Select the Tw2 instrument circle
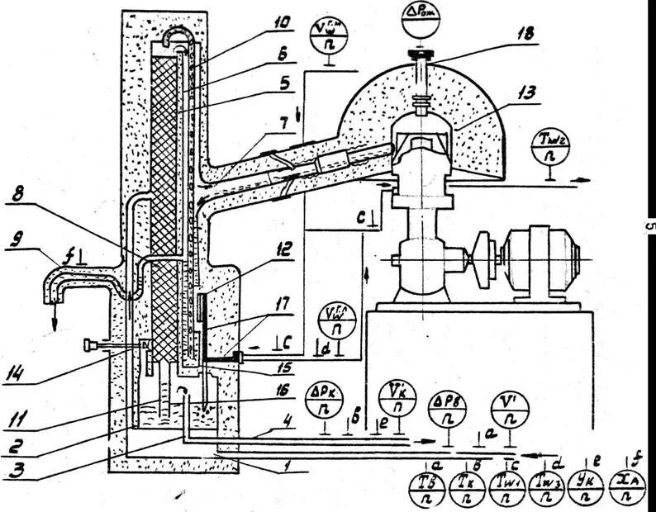[549, 148]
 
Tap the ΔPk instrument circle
[325, 401]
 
